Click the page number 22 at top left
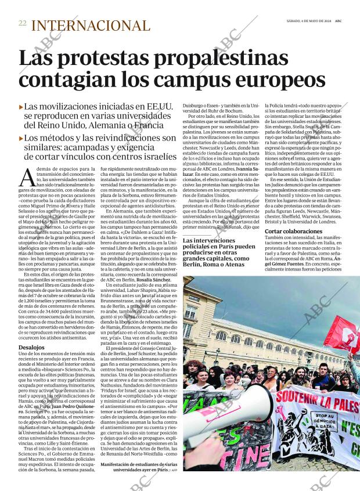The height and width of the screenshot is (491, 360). point(22,23)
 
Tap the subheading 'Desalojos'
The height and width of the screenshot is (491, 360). point(31,348)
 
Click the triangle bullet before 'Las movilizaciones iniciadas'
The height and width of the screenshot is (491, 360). point(21,107)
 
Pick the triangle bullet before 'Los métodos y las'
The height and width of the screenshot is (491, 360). point(21,138)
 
